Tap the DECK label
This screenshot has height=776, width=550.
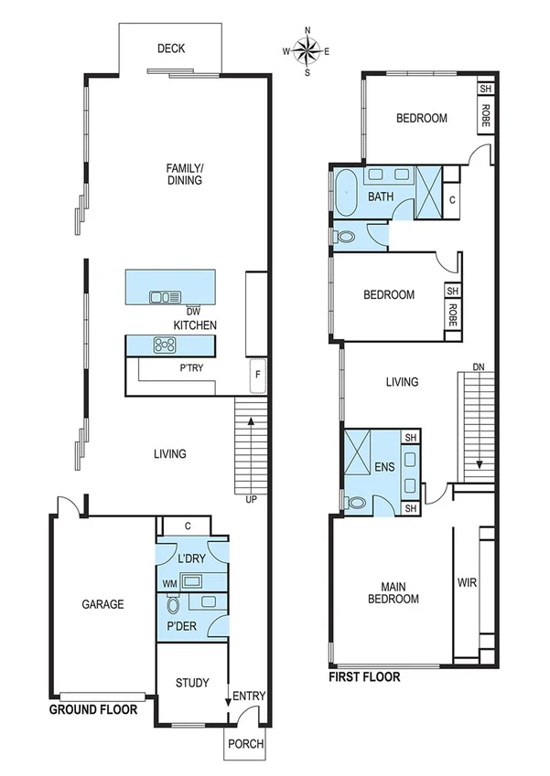tap(171, 48)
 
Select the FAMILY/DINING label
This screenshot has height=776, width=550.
tap(183, 174)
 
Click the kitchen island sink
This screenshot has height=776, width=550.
tap(166, 295)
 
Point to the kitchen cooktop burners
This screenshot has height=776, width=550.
tap(166, 345)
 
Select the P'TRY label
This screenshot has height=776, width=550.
tap(190, 367)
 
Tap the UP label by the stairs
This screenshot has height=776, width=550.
tap(250, 500)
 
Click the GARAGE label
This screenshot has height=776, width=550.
tap(102, 604)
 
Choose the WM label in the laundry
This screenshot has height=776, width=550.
tap(169, 581)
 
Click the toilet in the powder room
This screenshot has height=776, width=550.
tap(171, 604)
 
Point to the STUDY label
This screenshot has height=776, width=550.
tap(191, 683)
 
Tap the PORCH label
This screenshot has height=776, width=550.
tap(245, 744)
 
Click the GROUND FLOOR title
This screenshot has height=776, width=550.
tap(93, 709)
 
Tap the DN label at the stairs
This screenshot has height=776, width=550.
tap(478, 367)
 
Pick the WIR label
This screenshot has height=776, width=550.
tap(468, 582)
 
